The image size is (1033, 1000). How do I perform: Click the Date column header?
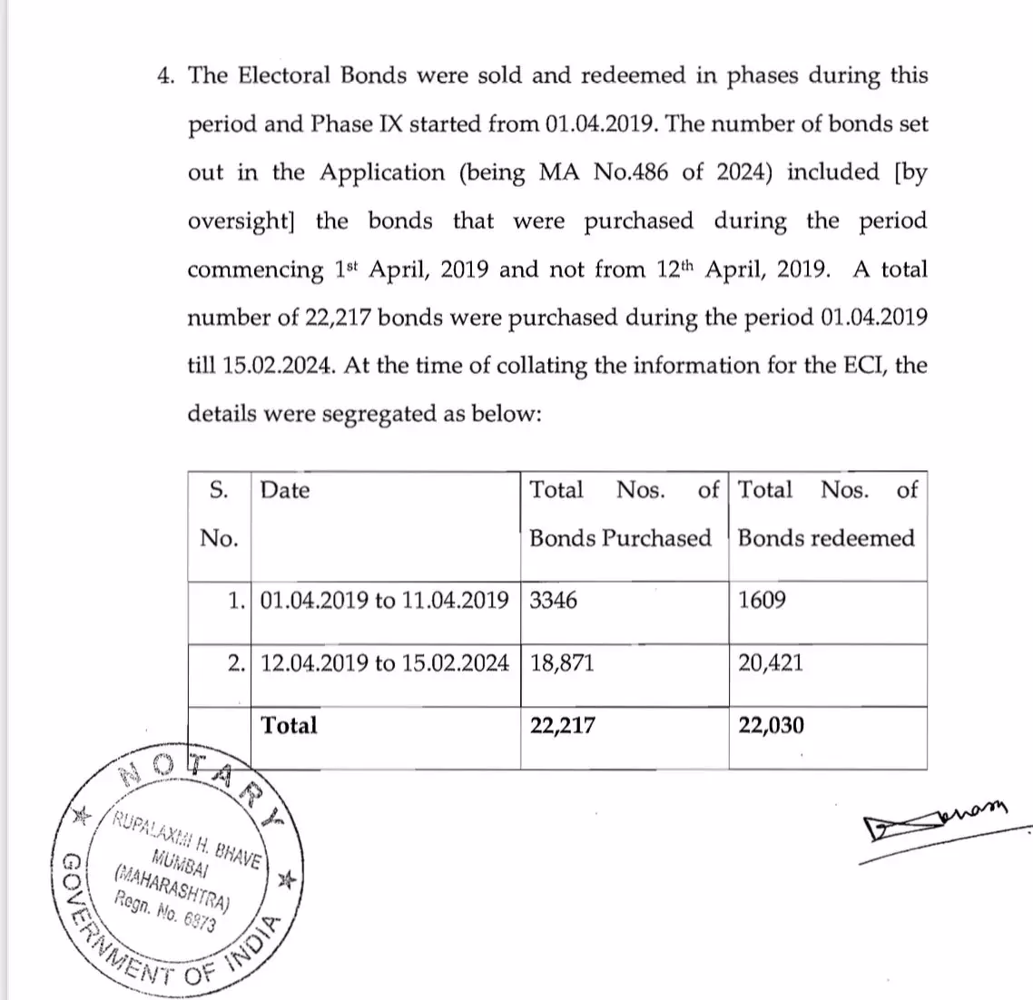284,491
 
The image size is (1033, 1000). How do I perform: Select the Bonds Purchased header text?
620,538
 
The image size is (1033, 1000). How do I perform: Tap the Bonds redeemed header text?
826,538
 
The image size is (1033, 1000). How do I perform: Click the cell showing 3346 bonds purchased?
553,601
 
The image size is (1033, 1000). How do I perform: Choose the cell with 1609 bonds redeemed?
762,601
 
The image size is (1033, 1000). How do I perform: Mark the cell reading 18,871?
562,663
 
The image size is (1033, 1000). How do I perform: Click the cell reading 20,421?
771,663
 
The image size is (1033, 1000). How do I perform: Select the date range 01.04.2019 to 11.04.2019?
384,601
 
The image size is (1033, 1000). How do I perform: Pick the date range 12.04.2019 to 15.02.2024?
384,663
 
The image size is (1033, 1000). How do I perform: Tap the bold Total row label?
289,725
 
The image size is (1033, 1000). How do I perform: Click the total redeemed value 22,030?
771,725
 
